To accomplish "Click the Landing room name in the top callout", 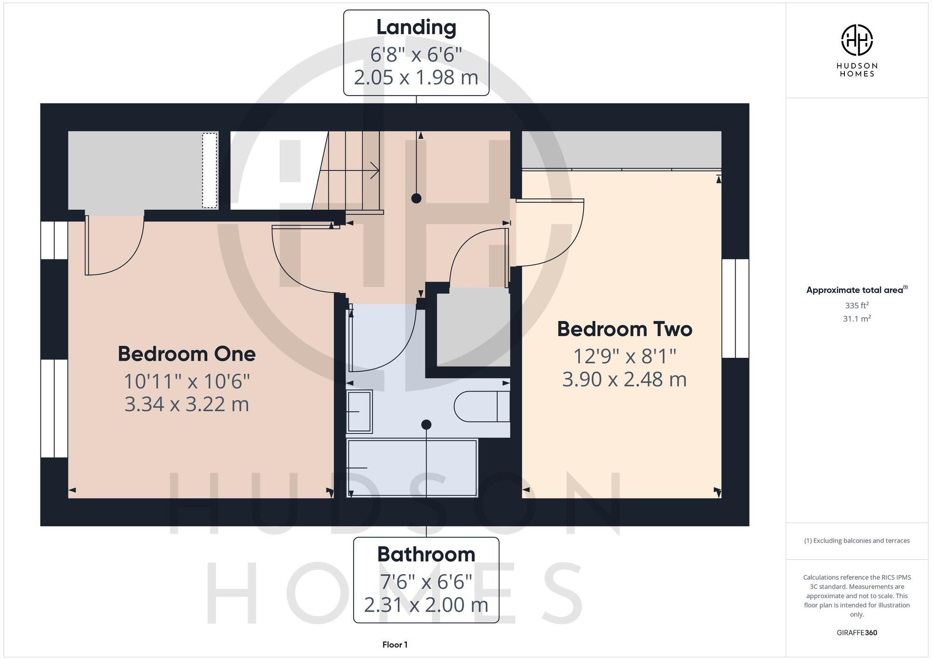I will [416, 27].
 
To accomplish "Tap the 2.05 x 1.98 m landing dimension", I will [416, 77].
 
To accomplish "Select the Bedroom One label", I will [186, 354].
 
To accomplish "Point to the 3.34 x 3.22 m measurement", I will [186, 404].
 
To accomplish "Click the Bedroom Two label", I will [624, 329].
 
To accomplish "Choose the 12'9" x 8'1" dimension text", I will [624, 357].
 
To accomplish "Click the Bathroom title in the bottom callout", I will [426, 555].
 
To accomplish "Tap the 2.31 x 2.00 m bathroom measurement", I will [426, 605].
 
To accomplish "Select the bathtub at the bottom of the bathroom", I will [412, 468].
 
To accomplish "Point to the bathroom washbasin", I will [359, 411].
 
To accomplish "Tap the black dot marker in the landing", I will [416, 198].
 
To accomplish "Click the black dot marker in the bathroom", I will [426, 424].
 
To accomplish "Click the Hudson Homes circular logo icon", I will [857, 40].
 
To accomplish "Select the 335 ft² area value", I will [857, 306].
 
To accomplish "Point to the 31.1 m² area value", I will [857, 319].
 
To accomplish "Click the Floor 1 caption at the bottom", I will [395, 645].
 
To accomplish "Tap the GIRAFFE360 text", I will [857, 632].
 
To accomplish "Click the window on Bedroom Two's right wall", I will [735, 308].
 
